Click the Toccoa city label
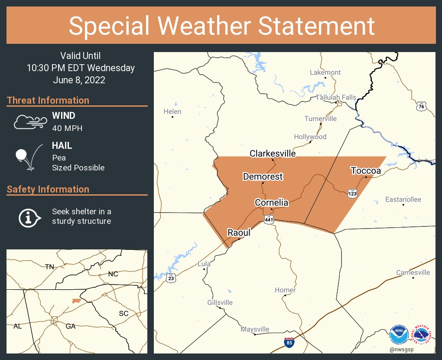click(x=366, y=171)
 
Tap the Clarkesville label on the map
click(x=273, y=154)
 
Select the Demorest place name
click(x=263, y=177)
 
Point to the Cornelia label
click(x=271, y=203)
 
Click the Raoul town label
click(x=239, y=233)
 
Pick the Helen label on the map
click(x=172, y=111)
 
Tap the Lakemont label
click(x=325, y=72)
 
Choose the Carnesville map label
click(x=413, y=272)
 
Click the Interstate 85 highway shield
click(x=289, y=343)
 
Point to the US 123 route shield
click(x=352, y=193)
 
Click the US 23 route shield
click(x=171, y=278)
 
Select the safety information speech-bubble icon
click(x=29, y=216)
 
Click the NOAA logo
click(x=399, y=335)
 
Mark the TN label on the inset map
click(x=49, y=267)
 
